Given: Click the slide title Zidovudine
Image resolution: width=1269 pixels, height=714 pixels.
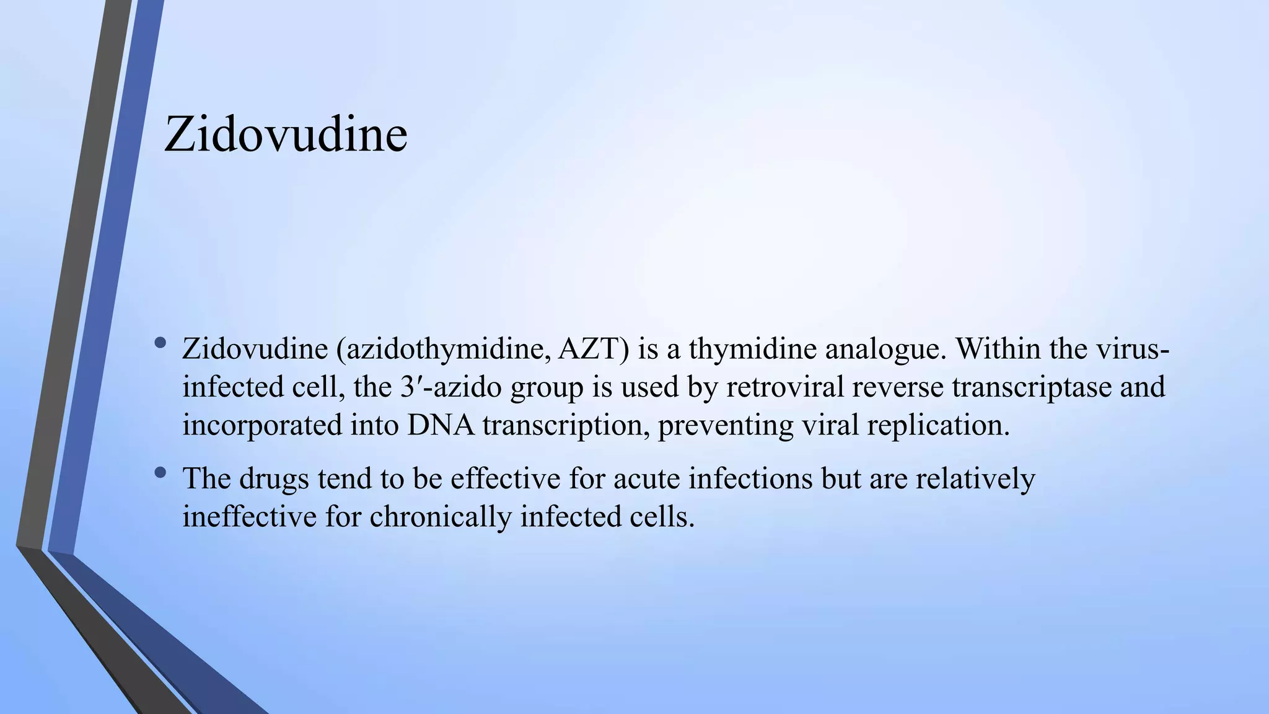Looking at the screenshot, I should (286, 134).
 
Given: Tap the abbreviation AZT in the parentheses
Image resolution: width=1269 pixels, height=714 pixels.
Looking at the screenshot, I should (594, 349).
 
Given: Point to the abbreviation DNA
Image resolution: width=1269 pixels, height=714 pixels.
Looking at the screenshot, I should (441, 426).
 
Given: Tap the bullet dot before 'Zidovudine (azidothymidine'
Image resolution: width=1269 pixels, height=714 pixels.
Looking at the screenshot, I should (161, 342).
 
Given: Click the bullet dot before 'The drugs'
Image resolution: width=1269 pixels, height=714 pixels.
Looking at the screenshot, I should (161, 472).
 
